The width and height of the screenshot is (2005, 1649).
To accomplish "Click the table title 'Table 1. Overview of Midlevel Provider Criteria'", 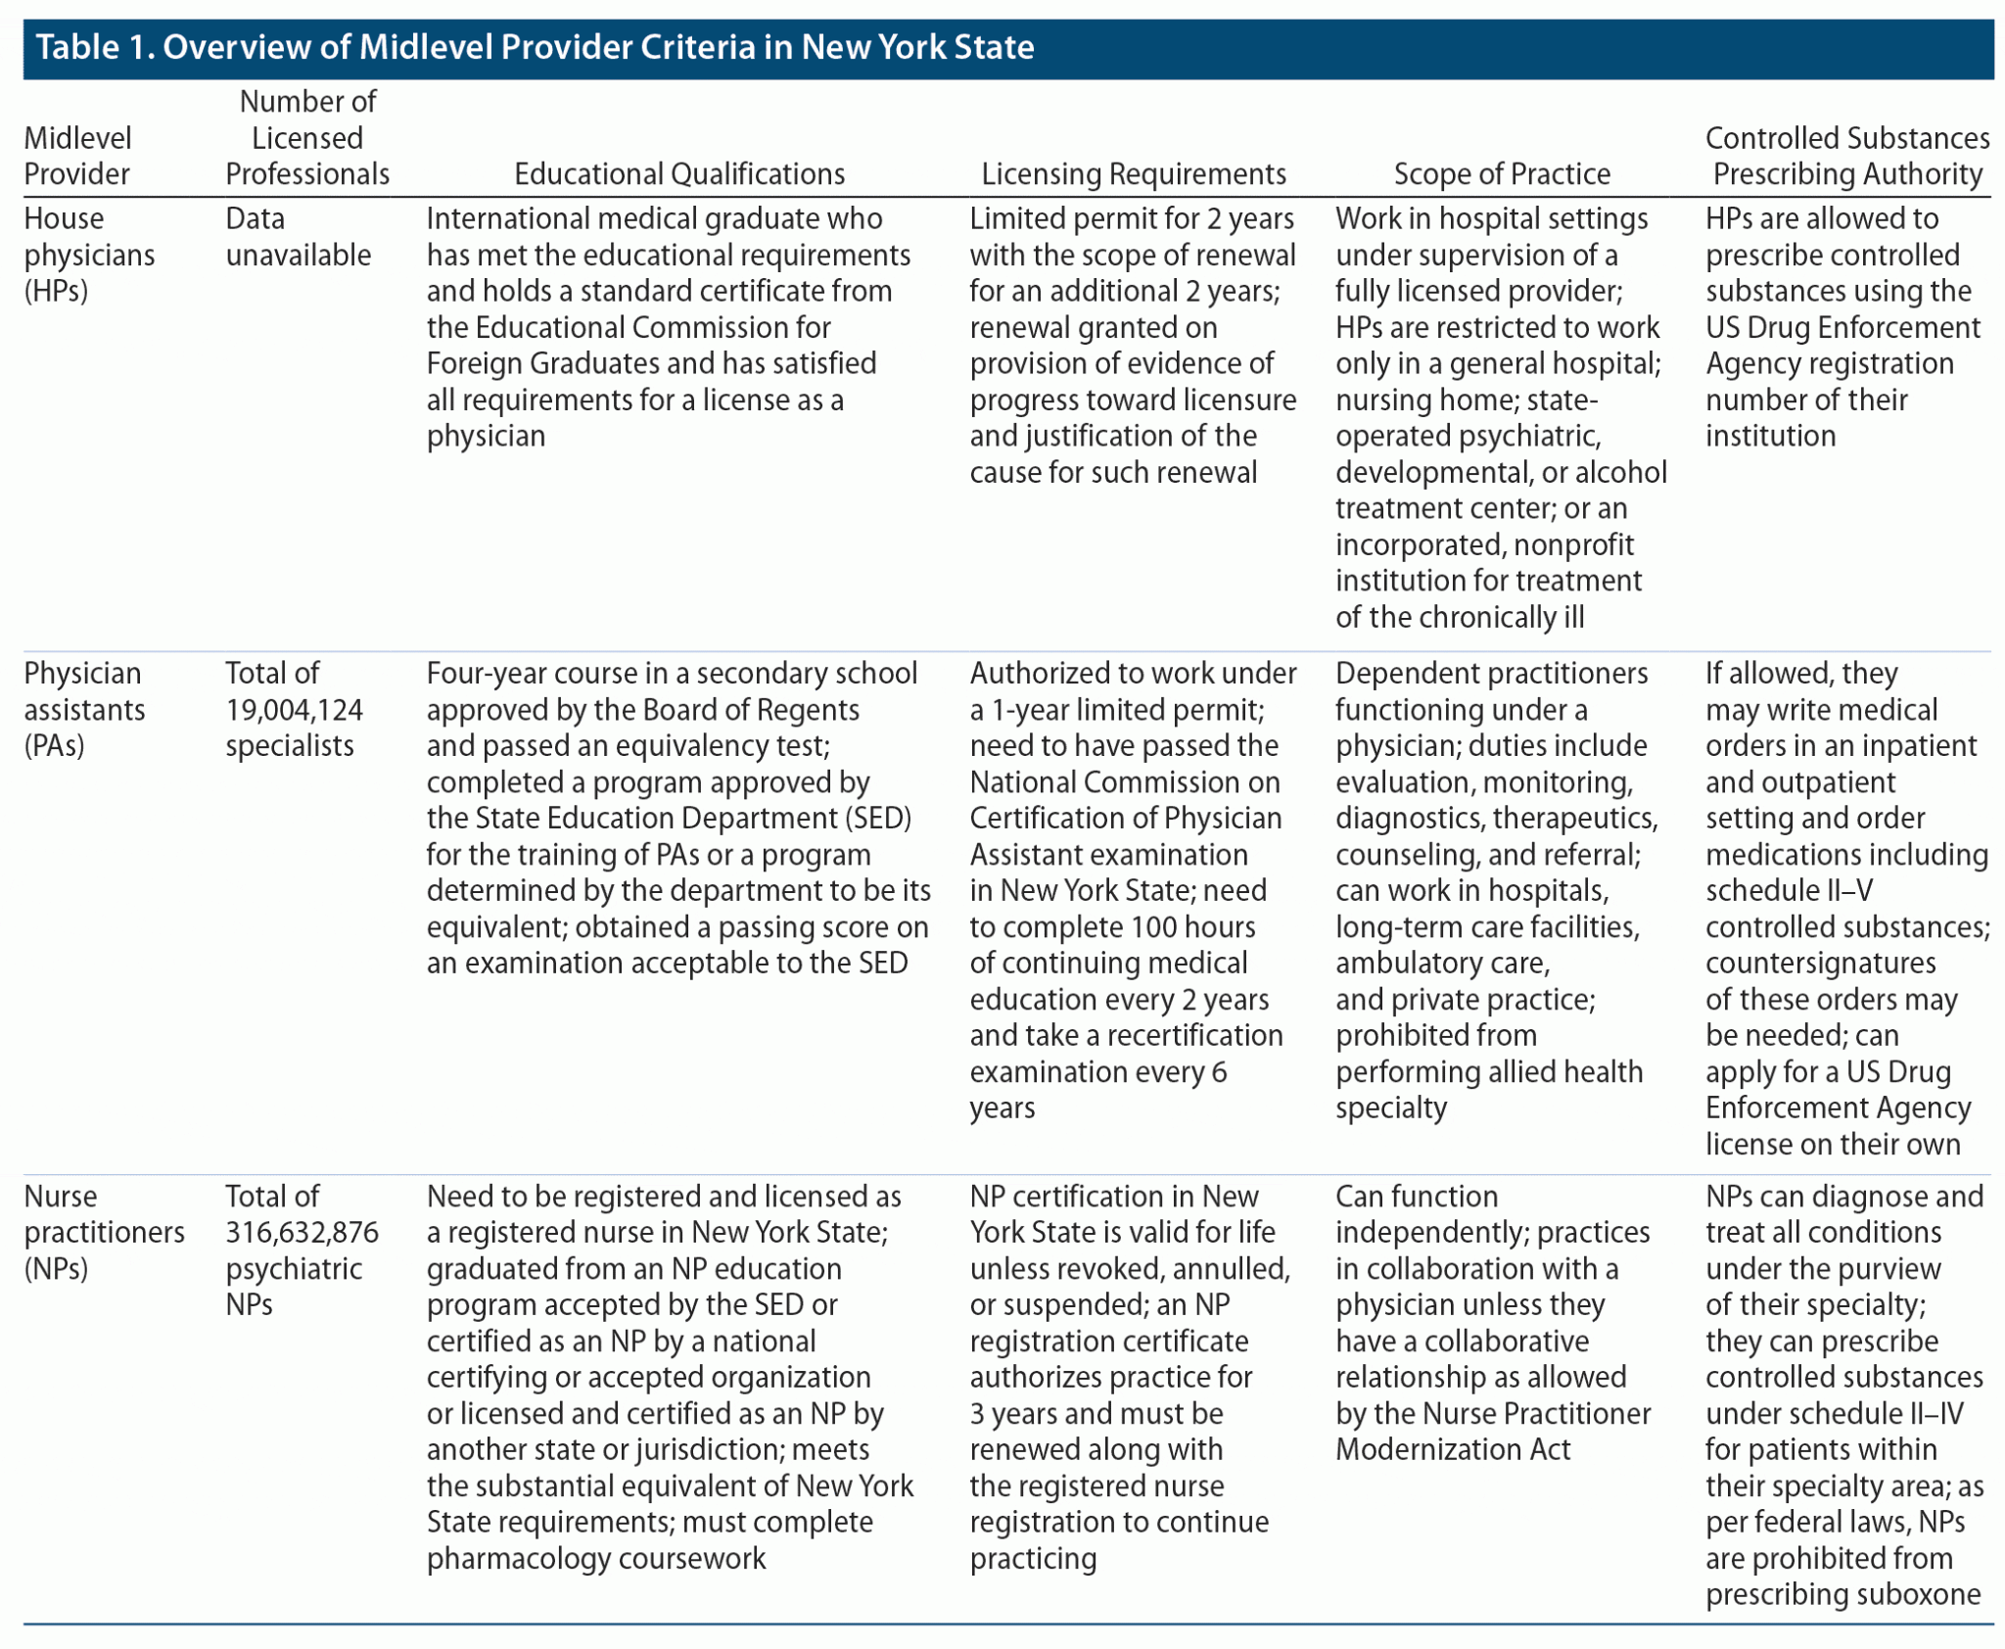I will (x=535, y=47).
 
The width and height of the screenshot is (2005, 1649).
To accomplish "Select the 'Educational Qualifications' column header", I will (x=679, y=174).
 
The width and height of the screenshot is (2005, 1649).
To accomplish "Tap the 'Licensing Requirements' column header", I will (x=1134, y=174).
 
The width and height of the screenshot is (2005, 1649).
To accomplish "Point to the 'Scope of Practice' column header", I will (x=1502, y=174).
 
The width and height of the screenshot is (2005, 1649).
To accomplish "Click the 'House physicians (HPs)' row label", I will (x=89, y=255).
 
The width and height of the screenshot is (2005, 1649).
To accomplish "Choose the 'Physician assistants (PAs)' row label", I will (x=84, y=710).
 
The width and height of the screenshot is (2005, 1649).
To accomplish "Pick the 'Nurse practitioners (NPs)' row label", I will (x=104, y=1233).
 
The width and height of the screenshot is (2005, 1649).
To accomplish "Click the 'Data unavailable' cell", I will (x=298, y=237).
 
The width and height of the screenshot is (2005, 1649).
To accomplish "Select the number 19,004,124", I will (x=294, y=710).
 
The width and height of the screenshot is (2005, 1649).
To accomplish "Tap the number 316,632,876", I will (x=302, y=1233).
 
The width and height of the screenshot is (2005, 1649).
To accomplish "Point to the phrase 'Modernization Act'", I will (x=1453, y=1450).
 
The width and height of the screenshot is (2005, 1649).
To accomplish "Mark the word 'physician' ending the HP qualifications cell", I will (x=486, y=437).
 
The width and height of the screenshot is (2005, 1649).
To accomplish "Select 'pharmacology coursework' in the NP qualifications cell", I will (x=596, y=1559).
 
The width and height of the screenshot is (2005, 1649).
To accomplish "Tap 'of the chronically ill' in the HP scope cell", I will (x=1460, y=618).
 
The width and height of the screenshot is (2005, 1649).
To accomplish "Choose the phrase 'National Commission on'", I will (x=1125, y=782).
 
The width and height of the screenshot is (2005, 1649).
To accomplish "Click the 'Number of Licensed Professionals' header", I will (x=307, y=138).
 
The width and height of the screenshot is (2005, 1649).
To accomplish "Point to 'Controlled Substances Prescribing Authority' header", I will (x=1847, y=157).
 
